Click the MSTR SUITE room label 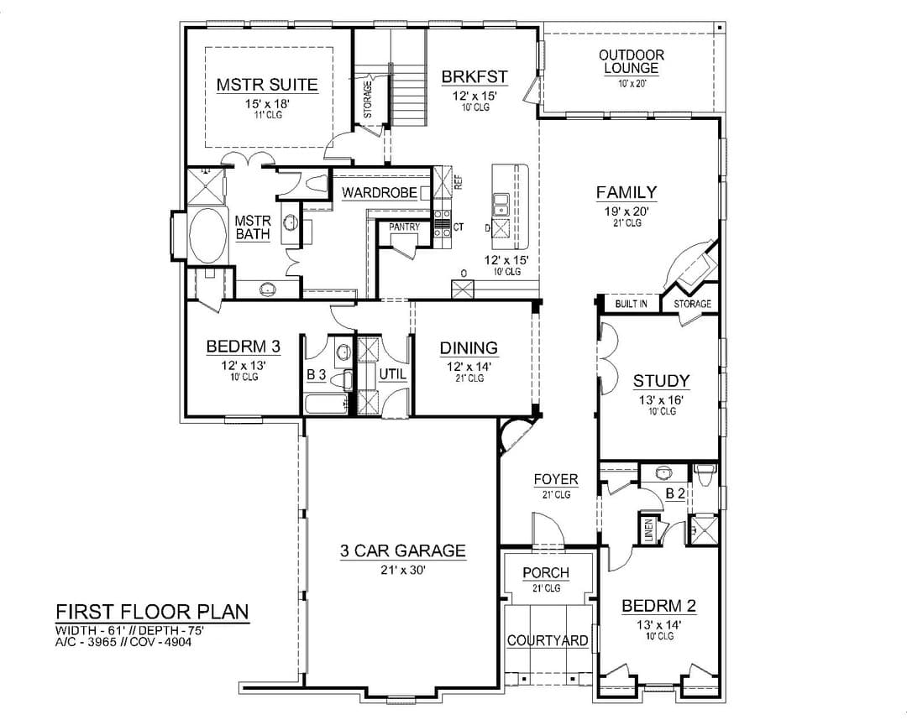tap(267, 85)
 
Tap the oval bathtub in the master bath tap(207, 236)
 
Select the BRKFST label tap(474, 77)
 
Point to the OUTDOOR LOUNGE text tap(632, 62)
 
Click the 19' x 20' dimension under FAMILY tap(627, 211)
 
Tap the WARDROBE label tap(380, 192)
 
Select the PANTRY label tap(404, 227)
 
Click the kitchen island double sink tap(501, 204)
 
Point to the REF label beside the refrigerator tap(459, 182)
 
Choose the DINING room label tap(469, 348)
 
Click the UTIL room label tap(393, 374)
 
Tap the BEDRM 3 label tap(244, 347)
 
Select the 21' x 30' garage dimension tap(403, 570)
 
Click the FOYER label tap(556, 480)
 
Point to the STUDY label tap(661, 381)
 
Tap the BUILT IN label tap(631, 304)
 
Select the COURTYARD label tap(548, 640)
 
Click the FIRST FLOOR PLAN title tap(152, 612)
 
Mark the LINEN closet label tap(649, 530)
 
